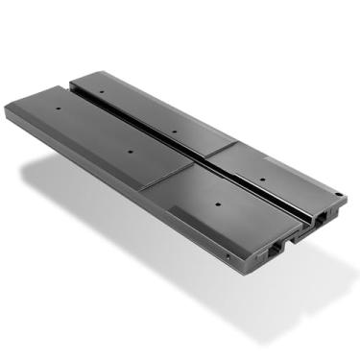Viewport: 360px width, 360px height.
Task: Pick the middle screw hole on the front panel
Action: coord(131,150)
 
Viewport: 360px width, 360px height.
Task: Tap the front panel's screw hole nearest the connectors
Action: coord(220,204)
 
